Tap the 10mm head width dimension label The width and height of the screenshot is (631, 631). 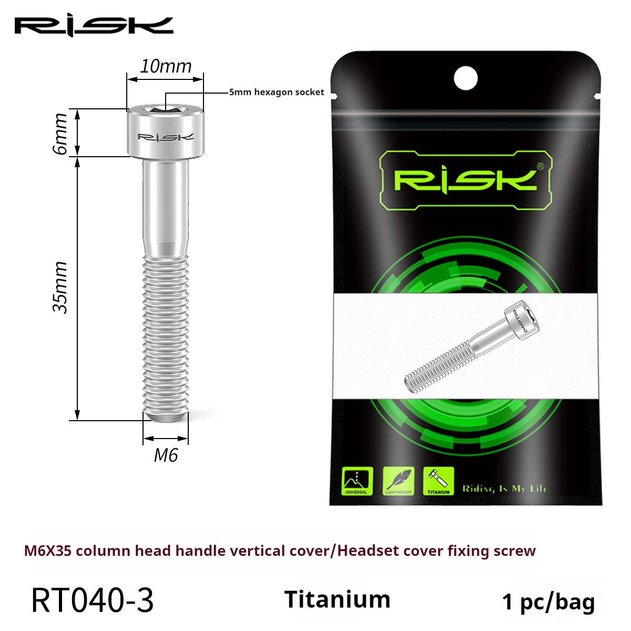coord(166,66)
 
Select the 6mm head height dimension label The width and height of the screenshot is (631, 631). coord(60,134)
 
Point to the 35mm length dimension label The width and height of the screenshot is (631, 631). coord(60,288)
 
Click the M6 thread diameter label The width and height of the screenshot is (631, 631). coord(166,455)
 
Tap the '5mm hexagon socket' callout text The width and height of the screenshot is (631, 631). coord(277,92)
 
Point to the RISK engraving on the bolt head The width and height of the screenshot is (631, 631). coord(166,137)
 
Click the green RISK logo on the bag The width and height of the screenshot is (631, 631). coord(465,180)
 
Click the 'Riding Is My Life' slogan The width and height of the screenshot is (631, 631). coord(504,488)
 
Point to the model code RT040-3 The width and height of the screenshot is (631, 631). coord(93,600)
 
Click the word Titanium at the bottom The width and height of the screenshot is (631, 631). coord(337,599)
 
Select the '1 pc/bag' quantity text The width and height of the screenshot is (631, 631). coord(548,602)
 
